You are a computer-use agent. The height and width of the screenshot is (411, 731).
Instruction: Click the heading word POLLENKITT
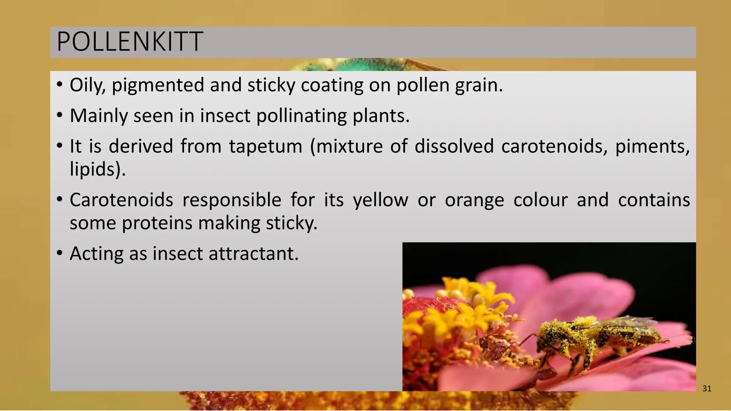tap(130, 42)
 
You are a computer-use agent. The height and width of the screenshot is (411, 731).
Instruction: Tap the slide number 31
tap(707, 389)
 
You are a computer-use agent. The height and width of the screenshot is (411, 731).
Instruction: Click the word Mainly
tap(99, 116)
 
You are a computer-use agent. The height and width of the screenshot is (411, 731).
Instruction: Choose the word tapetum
tap(266, 146)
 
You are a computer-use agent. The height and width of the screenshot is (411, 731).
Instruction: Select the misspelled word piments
tap(652, 146)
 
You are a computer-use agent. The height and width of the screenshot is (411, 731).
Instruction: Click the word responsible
tap(232, 200)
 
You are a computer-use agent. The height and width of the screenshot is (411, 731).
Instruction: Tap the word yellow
tap(380, 200)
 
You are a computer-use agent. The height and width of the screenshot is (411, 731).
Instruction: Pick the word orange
tap(474, 200)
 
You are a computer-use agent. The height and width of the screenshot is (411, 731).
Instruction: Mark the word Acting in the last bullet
tap(96, 254)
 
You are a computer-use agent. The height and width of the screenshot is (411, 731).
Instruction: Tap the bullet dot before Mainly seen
tap(60, 115)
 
